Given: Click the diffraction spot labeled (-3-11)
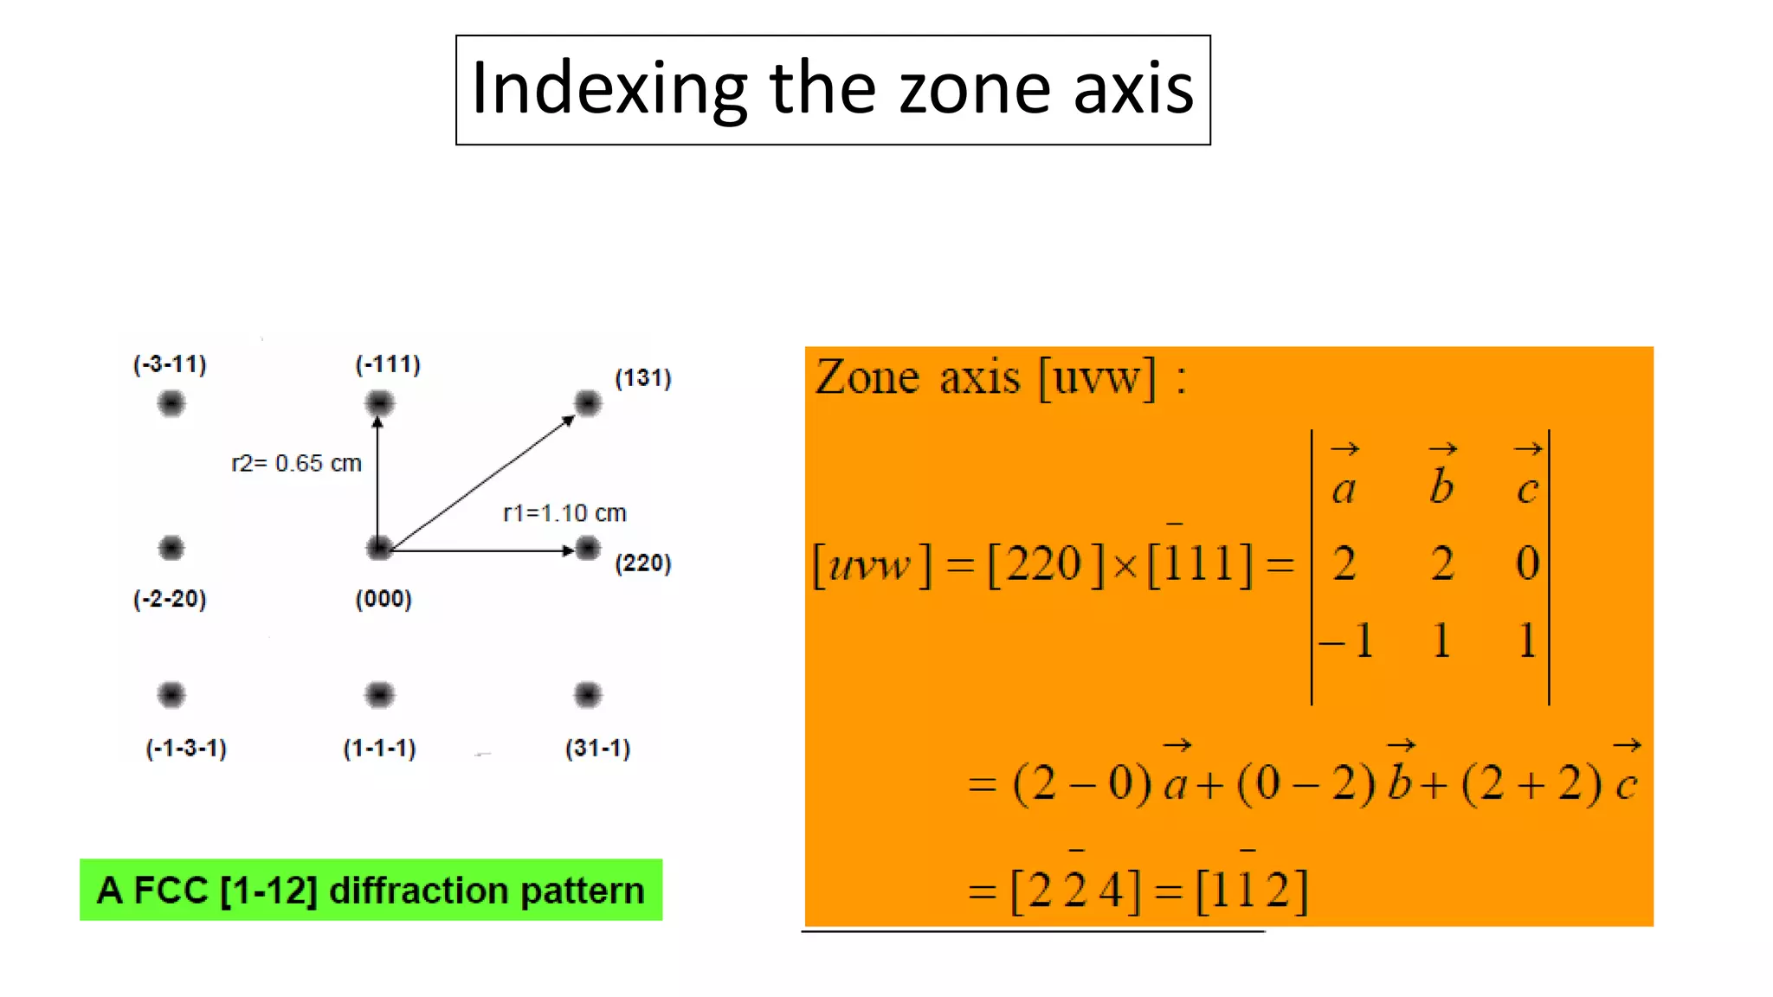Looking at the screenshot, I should point(171,403).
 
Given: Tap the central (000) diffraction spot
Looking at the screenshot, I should point(379,548).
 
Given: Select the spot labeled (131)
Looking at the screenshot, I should point(588,403).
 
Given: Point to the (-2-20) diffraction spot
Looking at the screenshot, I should point(171,548).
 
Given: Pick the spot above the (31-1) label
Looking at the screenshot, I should point(588,694).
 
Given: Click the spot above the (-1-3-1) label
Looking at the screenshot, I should point(171,694).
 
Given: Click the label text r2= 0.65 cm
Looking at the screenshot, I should point(296,463).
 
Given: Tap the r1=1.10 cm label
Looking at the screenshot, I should point(564,513).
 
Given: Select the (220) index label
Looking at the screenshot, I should point(643,563).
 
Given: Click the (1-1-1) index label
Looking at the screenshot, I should point(379,749).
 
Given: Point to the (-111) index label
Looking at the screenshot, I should point(388,364).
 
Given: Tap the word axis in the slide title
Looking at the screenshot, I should point(1133,89).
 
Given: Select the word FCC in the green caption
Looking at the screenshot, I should point(171,891).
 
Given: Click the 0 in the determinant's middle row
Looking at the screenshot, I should point(1528,563).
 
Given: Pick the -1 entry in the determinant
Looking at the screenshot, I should point(1348,641).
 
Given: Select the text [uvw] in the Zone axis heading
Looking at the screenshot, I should point(1097,378).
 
